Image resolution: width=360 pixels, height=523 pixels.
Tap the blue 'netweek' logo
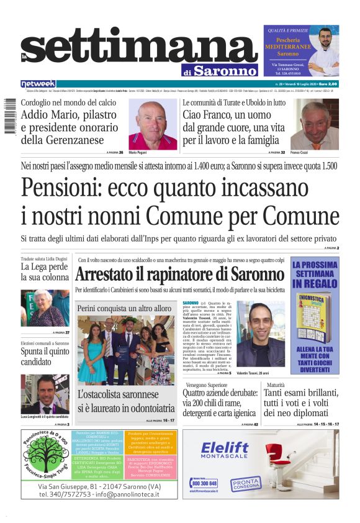pos(38,84)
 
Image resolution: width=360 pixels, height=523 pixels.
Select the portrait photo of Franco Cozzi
pos(315,124)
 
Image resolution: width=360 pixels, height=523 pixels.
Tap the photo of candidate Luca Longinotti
pos(45,394)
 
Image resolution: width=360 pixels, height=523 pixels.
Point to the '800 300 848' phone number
pos(204,483)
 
